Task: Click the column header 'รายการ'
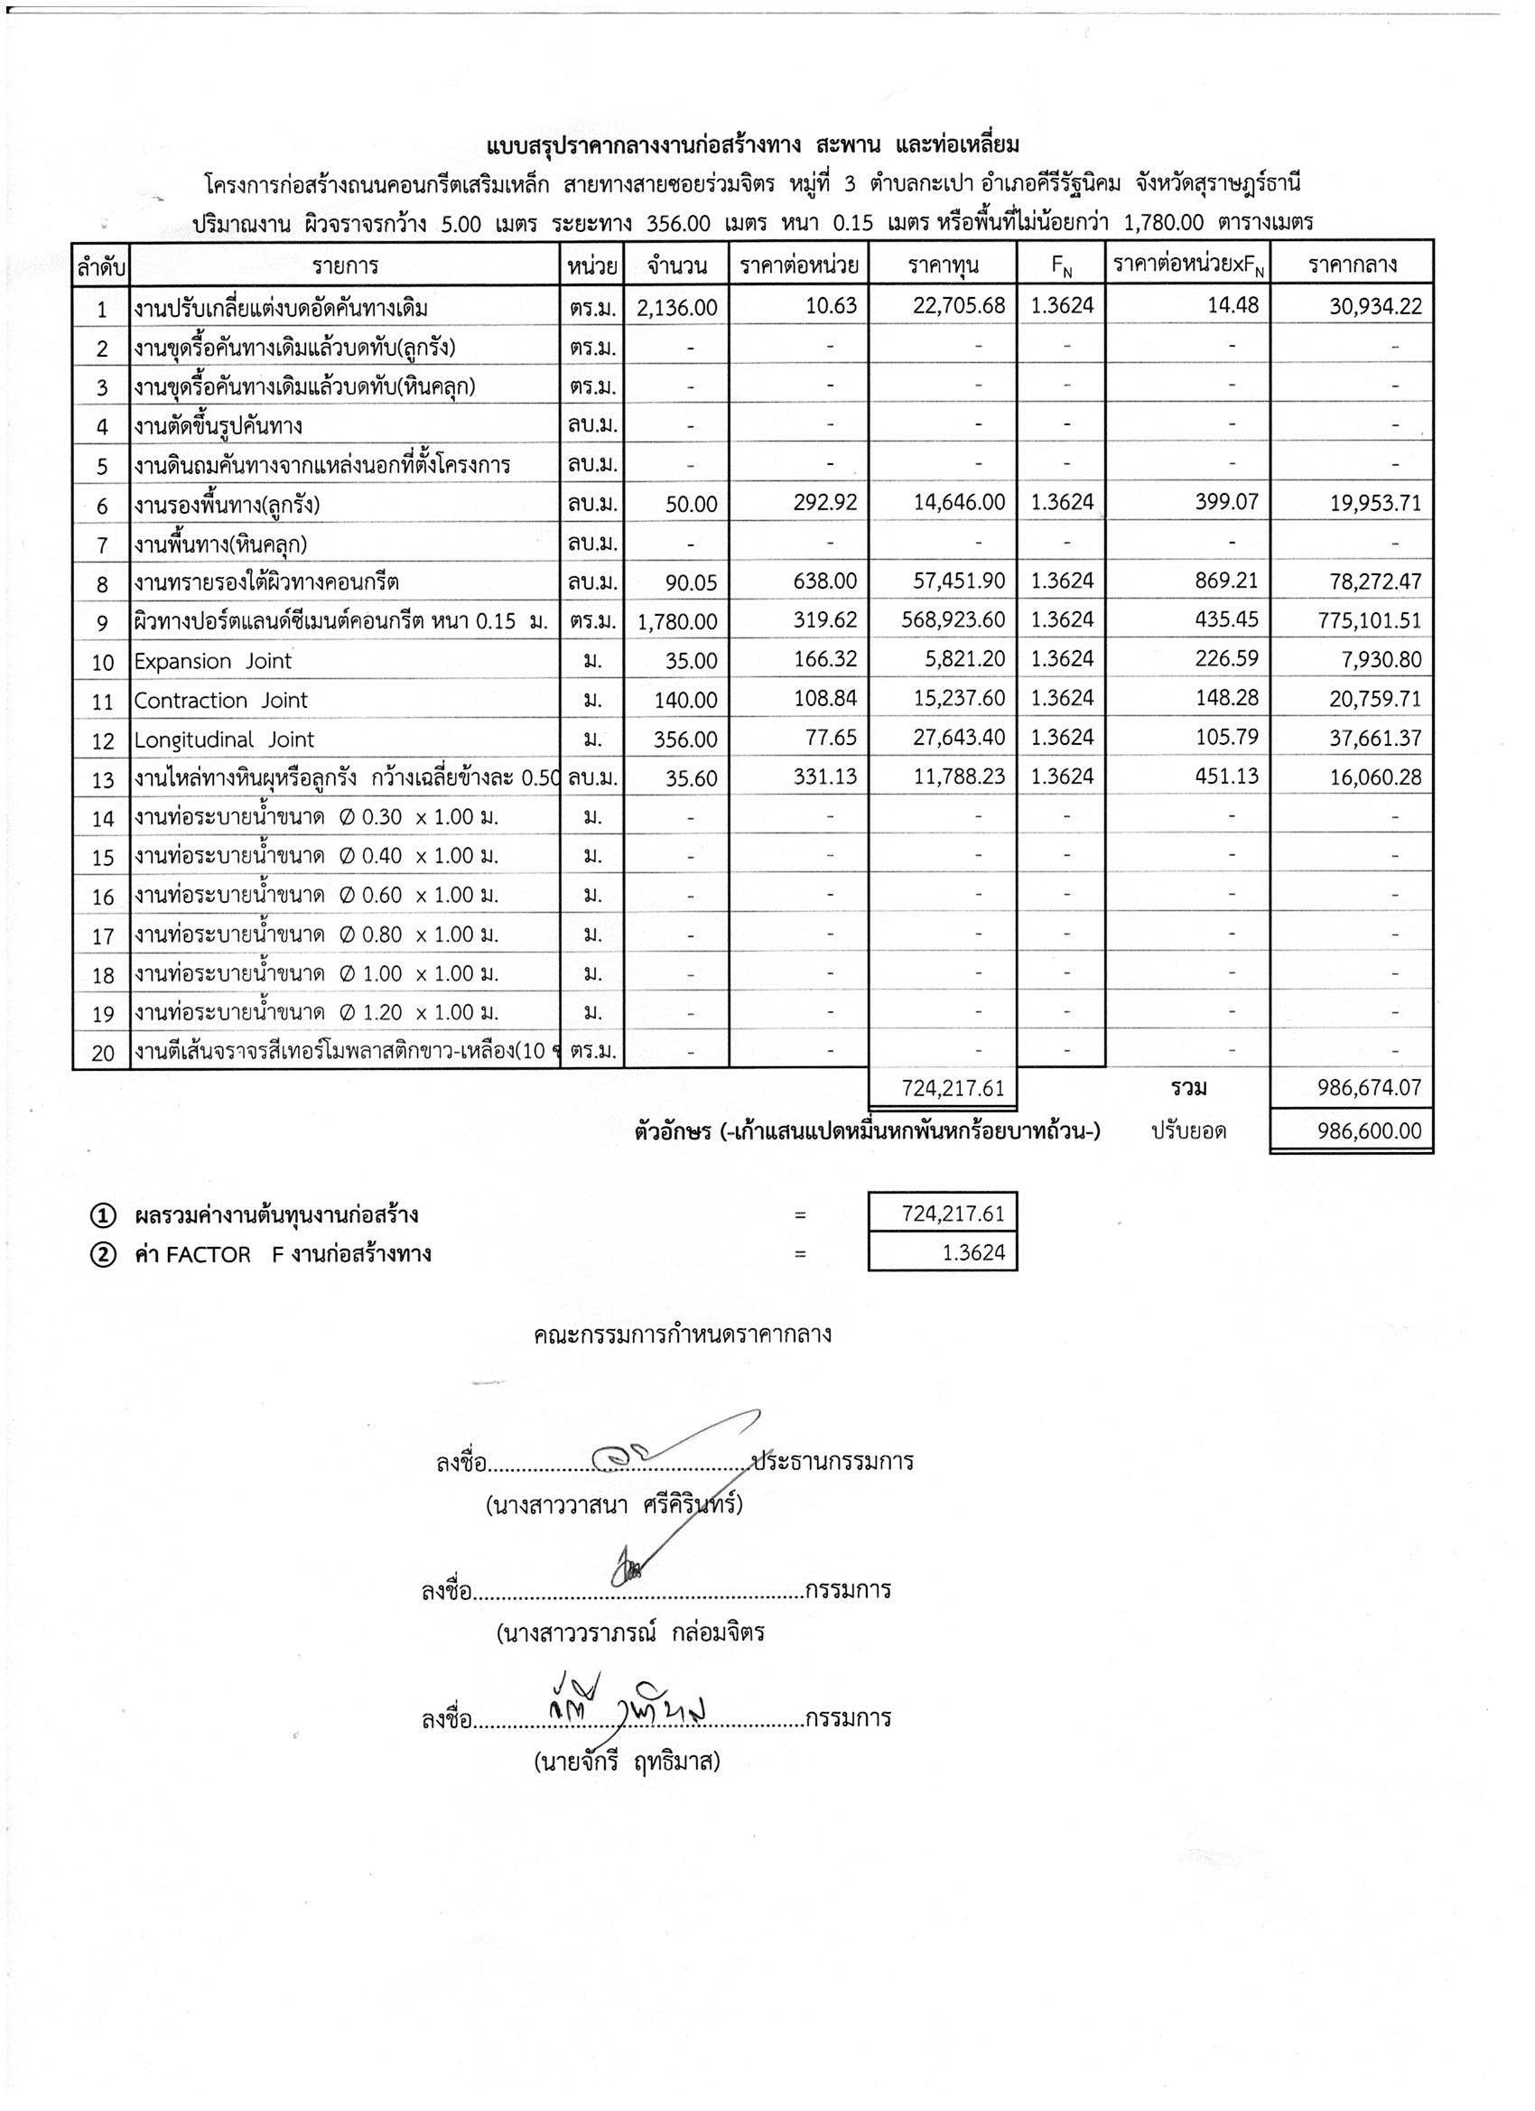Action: [x=344, y=266]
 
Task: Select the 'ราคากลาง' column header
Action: [x=1352, y=265]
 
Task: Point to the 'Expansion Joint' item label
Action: [x=213, y=661]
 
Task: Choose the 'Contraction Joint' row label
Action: [x=220, y=700]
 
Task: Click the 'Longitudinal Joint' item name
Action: [x=224, y=740]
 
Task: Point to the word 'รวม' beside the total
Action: [x=1188, y=1087]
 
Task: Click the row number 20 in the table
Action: [x=102, y=1053]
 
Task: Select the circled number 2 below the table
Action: [x=102, y=1255]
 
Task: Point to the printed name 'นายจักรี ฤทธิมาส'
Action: [x=628, y=1762]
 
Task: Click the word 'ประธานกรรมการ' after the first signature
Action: [x=833, y=1461]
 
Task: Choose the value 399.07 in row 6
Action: [x=1226, y=503]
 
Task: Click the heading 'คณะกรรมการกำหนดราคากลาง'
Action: [x=683, y=1334]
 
